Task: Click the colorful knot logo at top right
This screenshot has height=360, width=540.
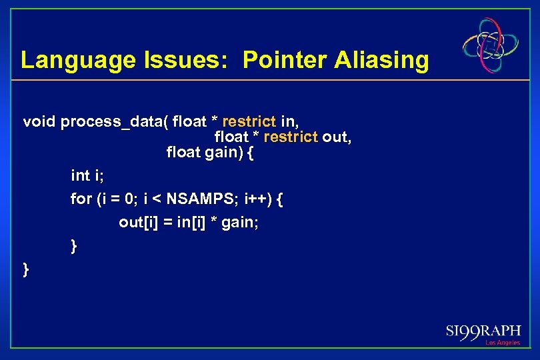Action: pyautogui.click(x=491, y=45)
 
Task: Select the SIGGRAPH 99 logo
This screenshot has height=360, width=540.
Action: pyautogui.click(x=483, y=331)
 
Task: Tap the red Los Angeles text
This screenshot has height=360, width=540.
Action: pyautogui.click(x=502, y=343)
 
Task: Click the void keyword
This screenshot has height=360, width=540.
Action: pyautogui.click(x=39, y=121)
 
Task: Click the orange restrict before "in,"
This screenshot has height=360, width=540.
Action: pyautogui.click(x=248, y=121)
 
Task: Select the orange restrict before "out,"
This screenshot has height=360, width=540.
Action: pyautogui.click(x=291, y=137)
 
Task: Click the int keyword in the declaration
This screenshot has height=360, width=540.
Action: pyautogui.click(x=80, y=175)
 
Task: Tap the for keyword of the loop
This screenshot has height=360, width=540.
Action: pyautogui.click(x=81, y=199)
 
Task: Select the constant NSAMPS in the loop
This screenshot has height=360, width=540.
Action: pyautogui.click(x=197, y=199)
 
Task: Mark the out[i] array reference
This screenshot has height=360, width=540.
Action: pyautogui.click(x=137, y=222)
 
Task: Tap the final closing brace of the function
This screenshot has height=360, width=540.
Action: pyautogui.click(x=26, y=269)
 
